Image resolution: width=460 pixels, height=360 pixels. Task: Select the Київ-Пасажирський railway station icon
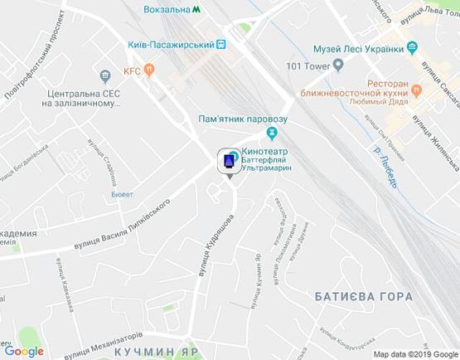click(221, 45)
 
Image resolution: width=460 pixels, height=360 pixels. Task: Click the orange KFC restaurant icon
click(148, 71)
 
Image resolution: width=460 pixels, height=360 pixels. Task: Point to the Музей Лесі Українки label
click(358, 49)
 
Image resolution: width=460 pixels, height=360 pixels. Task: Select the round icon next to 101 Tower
click(339, 66)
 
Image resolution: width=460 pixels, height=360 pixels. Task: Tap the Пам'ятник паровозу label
click(240, 119)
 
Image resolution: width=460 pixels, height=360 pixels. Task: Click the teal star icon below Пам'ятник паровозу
click(271, 133)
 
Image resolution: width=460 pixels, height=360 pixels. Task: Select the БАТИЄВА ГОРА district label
click(364, 296)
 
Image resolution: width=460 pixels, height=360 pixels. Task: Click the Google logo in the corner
click(24, 351)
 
